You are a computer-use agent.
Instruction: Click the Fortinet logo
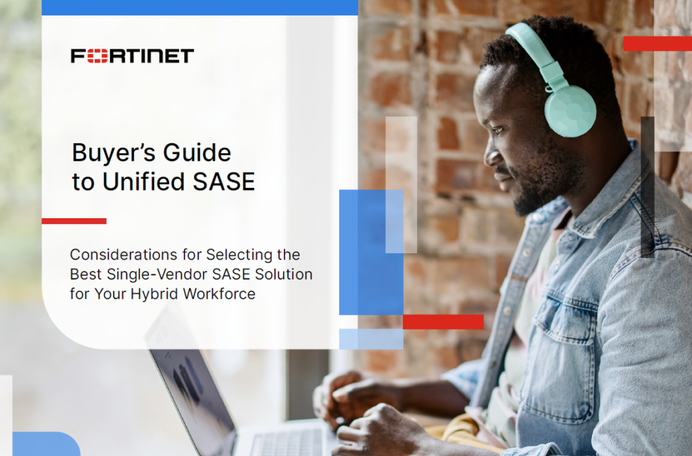point(132,56)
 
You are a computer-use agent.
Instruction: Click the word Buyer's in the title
point(114,153)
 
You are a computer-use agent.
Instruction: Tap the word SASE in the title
point(224,182)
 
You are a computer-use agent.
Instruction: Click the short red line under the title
point(74,221)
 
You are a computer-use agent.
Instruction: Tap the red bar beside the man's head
point(658,44)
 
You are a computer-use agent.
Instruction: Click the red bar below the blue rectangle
point(443,322)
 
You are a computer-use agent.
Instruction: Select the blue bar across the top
point(200,7)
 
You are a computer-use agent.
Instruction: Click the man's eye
point(498,130)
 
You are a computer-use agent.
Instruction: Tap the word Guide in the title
point(197,153)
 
